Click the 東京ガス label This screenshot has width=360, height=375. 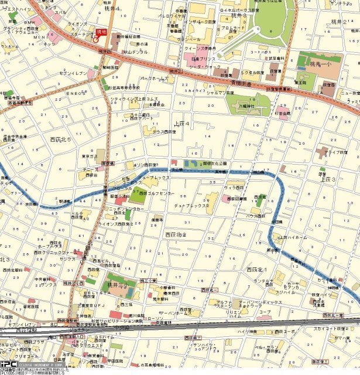(90, 156)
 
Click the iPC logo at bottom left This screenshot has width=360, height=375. (8, 363)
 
